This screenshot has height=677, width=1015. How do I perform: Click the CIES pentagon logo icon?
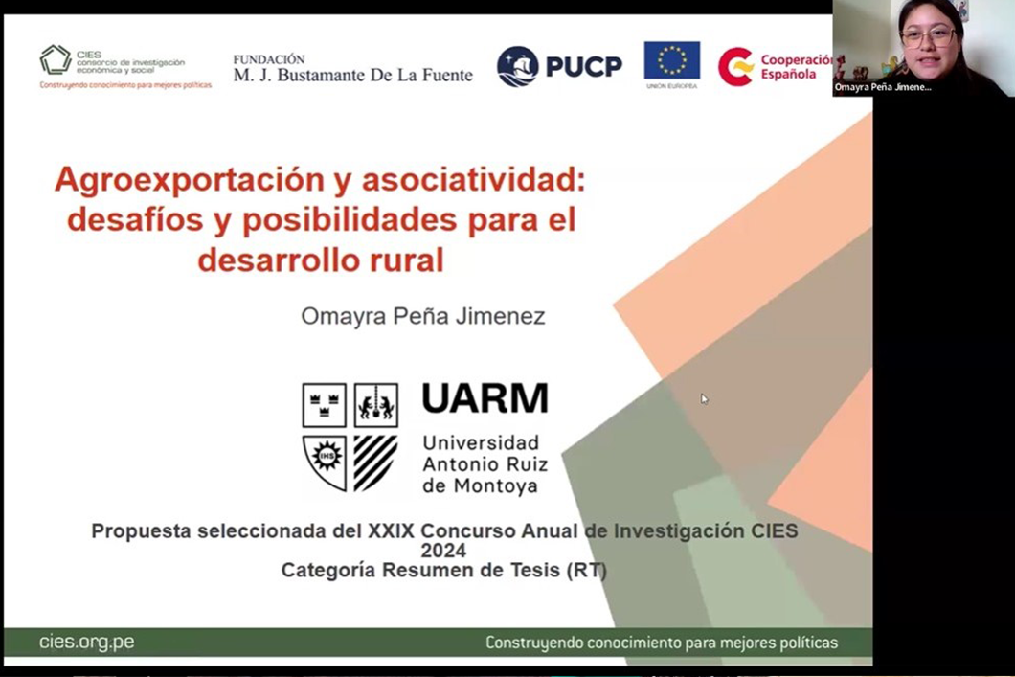56,60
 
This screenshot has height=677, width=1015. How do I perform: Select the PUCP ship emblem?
518,66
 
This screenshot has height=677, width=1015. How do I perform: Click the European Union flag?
672,60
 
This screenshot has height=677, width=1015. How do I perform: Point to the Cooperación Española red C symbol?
736,66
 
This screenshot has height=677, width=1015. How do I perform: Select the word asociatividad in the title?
473,179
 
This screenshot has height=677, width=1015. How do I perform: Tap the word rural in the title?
407,260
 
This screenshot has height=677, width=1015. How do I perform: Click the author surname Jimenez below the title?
500,316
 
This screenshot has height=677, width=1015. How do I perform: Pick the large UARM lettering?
485,397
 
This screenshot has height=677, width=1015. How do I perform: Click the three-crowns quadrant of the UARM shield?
325,405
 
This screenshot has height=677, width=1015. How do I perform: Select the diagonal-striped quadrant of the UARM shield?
375,463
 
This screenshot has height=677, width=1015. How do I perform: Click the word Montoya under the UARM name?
481,486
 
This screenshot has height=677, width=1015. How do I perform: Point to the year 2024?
443,551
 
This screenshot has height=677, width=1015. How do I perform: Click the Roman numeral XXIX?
391,530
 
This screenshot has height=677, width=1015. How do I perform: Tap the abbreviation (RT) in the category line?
586,570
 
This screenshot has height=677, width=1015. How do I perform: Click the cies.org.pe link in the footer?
87,642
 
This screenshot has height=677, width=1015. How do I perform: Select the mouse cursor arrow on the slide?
705,398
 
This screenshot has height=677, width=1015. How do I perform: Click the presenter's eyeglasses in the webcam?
929,36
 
